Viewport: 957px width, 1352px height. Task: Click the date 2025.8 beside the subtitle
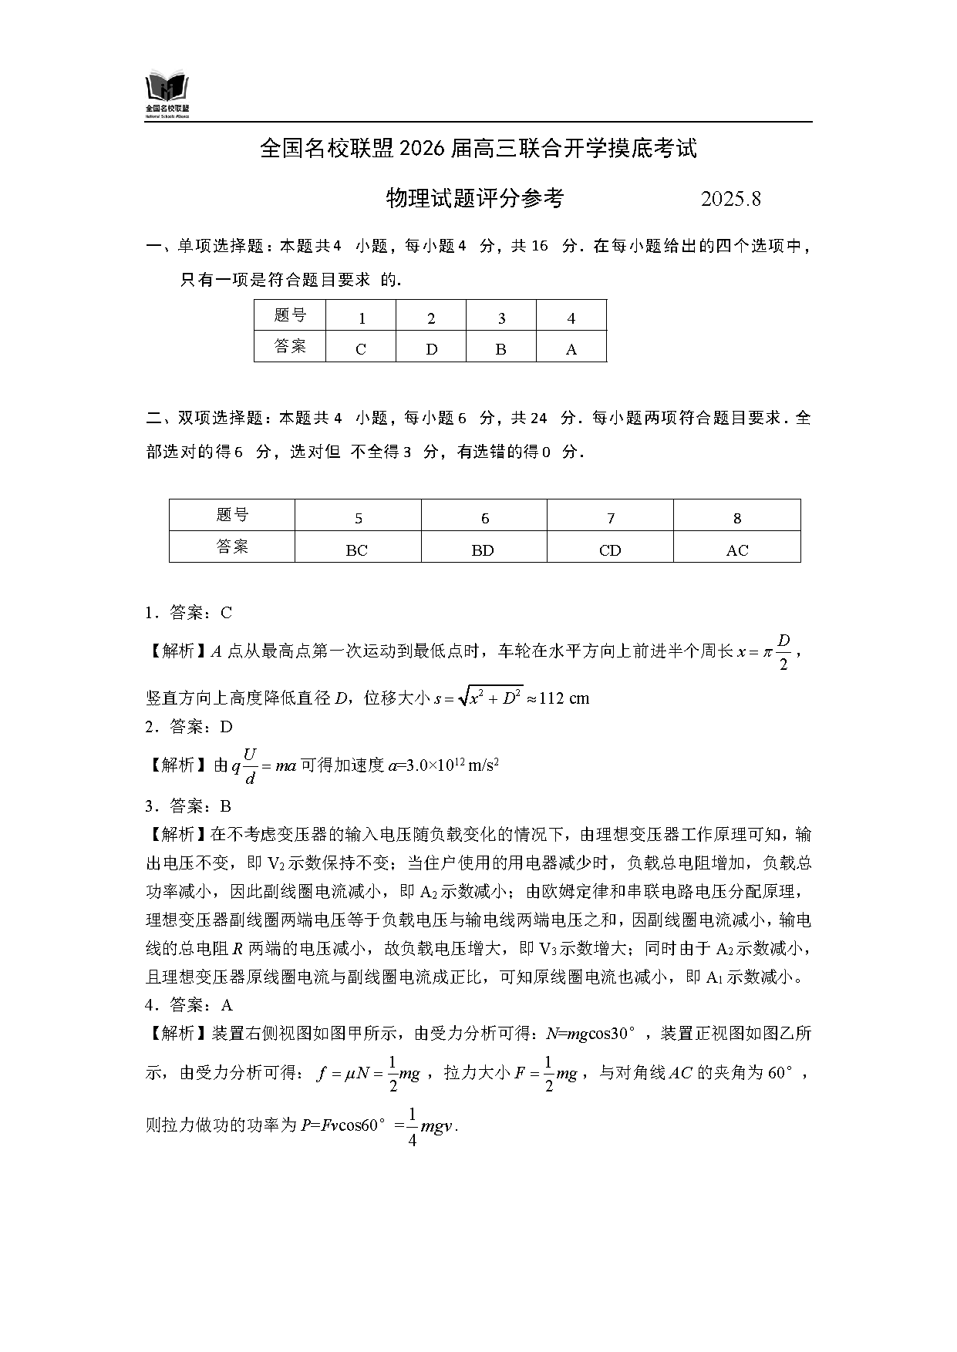coord(730,199)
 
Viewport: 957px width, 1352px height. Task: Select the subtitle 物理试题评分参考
coord(474,199)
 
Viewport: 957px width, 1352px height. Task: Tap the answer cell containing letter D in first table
coord(431,348)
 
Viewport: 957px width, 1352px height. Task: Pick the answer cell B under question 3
coord(500,348)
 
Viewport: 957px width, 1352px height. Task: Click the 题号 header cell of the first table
coord(290,315)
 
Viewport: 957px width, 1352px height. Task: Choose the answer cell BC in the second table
coord(357,550)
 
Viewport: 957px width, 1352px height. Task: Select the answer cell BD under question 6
coord(484,550)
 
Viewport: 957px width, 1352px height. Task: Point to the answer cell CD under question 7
coord(610,550)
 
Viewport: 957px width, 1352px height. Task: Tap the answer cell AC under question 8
coord(737,550)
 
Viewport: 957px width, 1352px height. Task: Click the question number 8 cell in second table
coord(737,517)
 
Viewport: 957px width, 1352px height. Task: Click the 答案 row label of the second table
coord(232,547)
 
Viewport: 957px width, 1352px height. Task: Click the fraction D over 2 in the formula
coord(784,652)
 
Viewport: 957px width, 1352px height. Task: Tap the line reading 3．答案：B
coord(188,806)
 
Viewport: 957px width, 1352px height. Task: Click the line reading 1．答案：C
coord(188,613)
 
